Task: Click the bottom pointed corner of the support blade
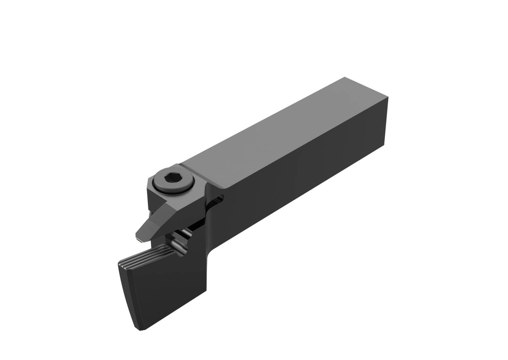pyautogui.click(x=140, y=328)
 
